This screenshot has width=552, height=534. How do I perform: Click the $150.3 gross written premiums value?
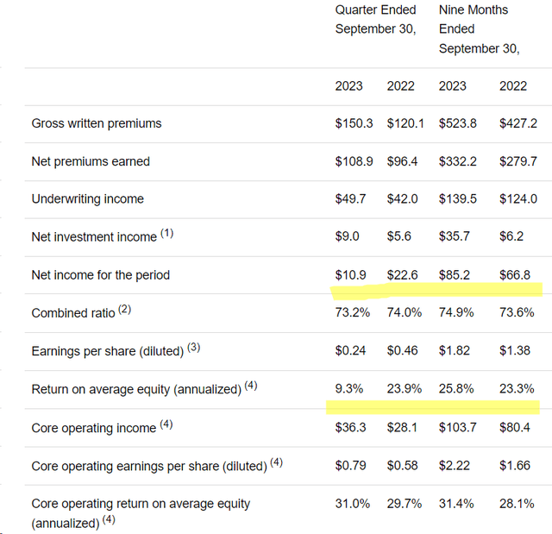(x=354, y=123)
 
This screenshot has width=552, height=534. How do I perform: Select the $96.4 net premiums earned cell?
(x=402, y=161)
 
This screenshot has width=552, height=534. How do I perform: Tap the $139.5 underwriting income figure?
(x=458, y=199)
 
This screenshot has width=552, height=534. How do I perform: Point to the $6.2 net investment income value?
(x=511, y=236)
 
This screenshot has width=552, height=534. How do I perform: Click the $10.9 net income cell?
(x=350, y=275)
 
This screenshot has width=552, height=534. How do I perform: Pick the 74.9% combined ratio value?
(x=456, y=312)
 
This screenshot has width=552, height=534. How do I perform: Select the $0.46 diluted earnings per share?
(x=402, y=350)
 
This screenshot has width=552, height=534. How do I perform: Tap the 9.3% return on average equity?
(x=348, y=388)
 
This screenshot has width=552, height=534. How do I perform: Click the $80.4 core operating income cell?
(x=514, y=427)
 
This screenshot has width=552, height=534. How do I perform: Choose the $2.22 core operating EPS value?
(x=455, y=465)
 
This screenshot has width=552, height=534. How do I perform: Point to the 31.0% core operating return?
(x=353, y=504)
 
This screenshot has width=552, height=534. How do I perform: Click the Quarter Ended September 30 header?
(x=376, y=19)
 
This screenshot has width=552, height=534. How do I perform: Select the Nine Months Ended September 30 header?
(x=480, y=28)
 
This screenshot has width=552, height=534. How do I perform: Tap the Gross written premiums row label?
(x=97, y=123)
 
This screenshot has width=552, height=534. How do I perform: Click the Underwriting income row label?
(x=88, y=199)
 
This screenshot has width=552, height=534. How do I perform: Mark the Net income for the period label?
(x=101, y=275)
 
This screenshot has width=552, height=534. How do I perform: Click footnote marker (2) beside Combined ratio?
(x=124, y=310)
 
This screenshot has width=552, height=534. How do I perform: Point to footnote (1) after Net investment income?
(x=166, y=233)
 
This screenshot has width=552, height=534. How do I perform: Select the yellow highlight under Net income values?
(x=436, y=291)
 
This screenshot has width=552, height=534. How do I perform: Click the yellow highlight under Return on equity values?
(x=433, y=407)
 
